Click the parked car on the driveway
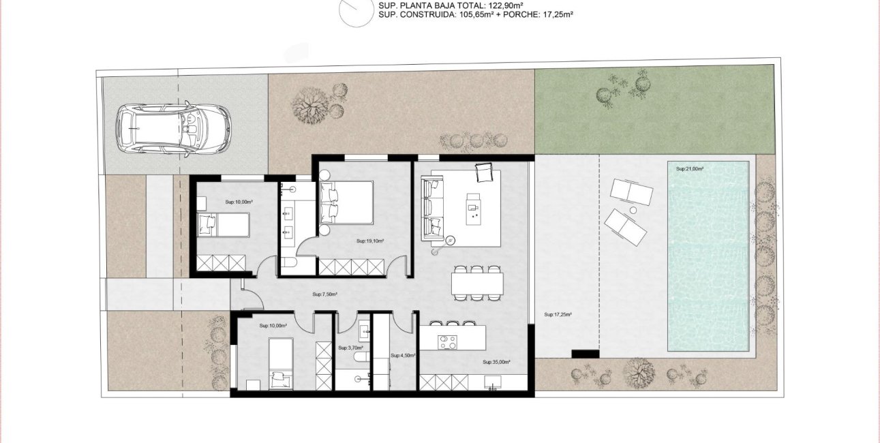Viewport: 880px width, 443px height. coord(173,129)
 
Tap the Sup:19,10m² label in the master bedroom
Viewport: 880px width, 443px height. coord(370,241)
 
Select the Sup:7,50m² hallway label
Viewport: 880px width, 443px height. coord(325,294)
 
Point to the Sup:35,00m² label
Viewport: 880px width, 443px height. coord(497,363)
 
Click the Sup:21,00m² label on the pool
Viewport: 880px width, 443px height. coord(690,168)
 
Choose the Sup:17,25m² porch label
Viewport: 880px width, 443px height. coord(558,315)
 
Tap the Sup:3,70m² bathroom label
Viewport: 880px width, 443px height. coord(348,348)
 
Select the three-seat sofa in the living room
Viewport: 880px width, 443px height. coord(432,209)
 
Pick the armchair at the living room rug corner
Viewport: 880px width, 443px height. coord(483,174)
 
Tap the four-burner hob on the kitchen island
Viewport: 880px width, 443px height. coord(447,341)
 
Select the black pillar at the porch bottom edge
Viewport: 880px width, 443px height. coord(585,354)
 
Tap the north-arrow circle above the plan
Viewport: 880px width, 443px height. coord(356,12)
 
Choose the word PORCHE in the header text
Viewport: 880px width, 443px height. coord(519,14)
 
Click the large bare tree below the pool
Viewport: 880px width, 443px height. coord(639,373)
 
